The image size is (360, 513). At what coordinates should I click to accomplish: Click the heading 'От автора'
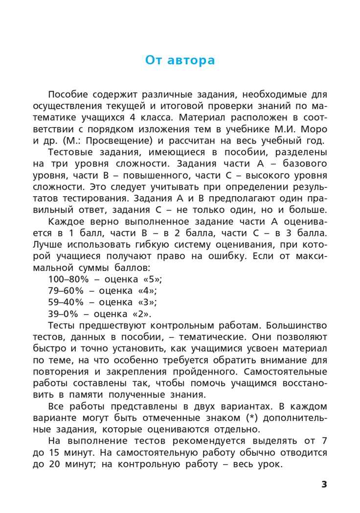180,60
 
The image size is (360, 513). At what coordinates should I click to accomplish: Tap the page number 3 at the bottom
324,485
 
